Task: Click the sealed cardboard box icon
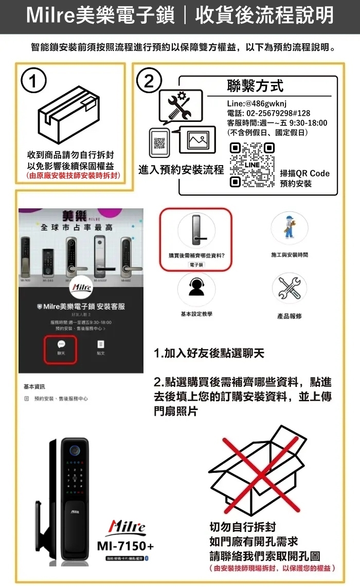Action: (x=70, y=116)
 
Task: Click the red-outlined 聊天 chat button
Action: (x=61, y=349)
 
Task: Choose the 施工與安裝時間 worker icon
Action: (x=289, y=228)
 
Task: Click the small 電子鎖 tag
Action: (x=196, y=264)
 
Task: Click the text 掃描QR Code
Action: (x=305, y=173)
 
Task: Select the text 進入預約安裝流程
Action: (x=181, y=169)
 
